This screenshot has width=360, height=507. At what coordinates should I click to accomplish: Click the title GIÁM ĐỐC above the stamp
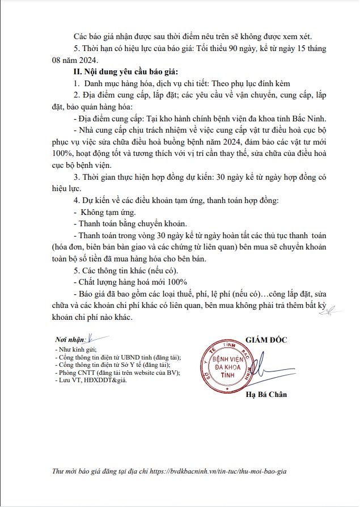click(x=266, y=340)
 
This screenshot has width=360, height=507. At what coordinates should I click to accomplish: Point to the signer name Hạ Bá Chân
click(x=266, y=395)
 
